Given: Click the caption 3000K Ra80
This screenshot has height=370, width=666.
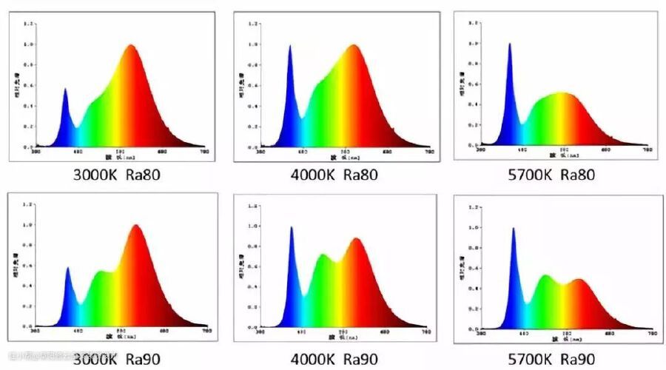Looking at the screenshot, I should [x=116, y=176].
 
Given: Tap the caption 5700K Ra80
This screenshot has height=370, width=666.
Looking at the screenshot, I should [x=552, y=175].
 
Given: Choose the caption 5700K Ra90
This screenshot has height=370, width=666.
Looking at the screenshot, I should [x=551, y=360].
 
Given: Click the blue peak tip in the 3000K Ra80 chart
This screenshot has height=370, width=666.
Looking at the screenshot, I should [x=64, y=89].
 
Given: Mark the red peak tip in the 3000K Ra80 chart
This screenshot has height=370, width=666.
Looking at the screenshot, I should [x=131, y=45].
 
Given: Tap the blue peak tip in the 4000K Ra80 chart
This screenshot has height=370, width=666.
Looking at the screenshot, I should [x=290, y=46].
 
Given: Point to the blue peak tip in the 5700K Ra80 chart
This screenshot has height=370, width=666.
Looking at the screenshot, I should [x=509, y=44].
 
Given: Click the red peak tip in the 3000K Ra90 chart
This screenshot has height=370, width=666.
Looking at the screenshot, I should [x=136, y=225].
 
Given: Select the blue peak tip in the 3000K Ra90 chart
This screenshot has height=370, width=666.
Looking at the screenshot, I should [x=67, y=268].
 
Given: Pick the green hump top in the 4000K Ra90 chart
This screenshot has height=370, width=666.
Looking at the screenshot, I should [x=323, y=255].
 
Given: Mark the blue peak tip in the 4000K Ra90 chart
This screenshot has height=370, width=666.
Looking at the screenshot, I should [x=291, y=227].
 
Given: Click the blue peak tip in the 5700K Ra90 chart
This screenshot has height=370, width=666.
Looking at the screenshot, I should [x=513, y=229].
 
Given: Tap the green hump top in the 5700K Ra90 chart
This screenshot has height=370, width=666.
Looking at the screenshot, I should [x=545, y=276].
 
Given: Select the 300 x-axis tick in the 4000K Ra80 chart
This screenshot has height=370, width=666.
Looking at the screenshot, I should [x=260, y=153].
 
